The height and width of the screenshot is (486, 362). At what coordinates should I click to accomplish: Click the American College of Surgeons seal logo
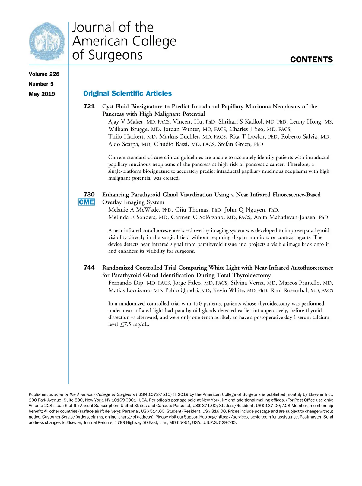tap(47, 41)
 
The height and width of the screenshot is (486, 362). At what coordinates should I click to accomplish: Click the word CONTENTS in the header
tap(311, 60)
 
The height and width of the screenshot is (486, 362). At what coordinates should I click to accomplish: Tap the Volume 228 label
tap(44, 74)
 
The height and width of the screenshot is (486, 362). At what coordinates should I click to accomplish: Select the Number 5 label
tap(41, 84)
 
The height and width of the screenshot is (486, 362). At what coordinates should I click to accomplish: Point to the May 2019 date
tap(42, 94)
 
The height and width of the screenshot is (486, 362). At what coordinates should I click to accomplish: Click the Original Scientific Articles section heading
tap(127, 94)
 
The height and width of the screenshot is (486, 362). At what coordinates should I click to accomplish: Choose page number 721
tap(89, 106)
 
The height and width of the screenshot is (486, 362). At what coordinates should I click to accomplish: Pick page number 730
tap(89, 195)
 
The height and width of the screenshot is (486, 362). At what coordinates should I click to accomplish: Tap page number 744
tap(89, 268)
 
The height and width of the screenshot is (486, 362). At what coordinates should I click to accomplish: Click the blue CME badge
tap(86, 202)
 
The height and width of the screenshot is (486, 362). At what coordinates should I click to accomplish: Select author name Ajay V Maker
tap(126, 122)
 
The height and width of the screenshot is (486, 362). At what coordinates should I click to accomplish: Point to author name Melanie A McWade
tap(134, 210)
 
